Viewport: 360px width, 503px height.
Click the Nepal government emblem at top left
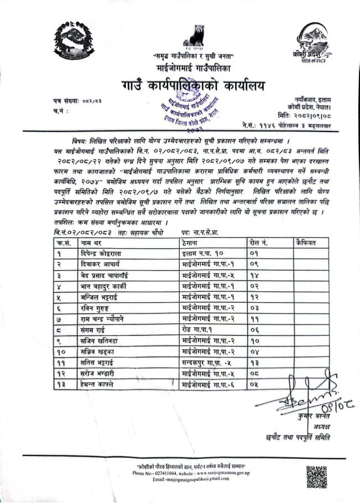(x=75, y=38)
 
